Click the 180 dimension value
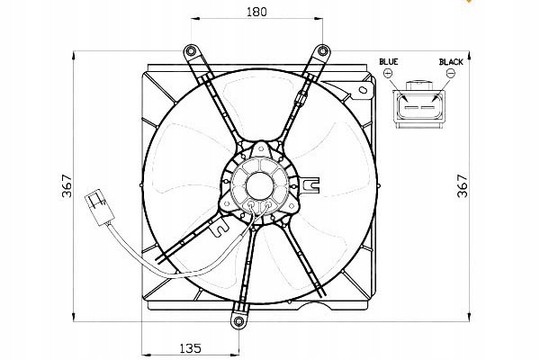click(x=257, y=13)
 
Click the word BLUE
click(x=388, y=62)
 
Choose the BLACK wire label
click(x=451, y=62)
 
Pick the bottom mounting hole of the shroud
click(x=238, y=320)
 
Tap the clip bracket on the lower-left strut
click(x=217, y=230)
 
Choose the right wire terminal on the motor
click(x=269, y=213)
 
